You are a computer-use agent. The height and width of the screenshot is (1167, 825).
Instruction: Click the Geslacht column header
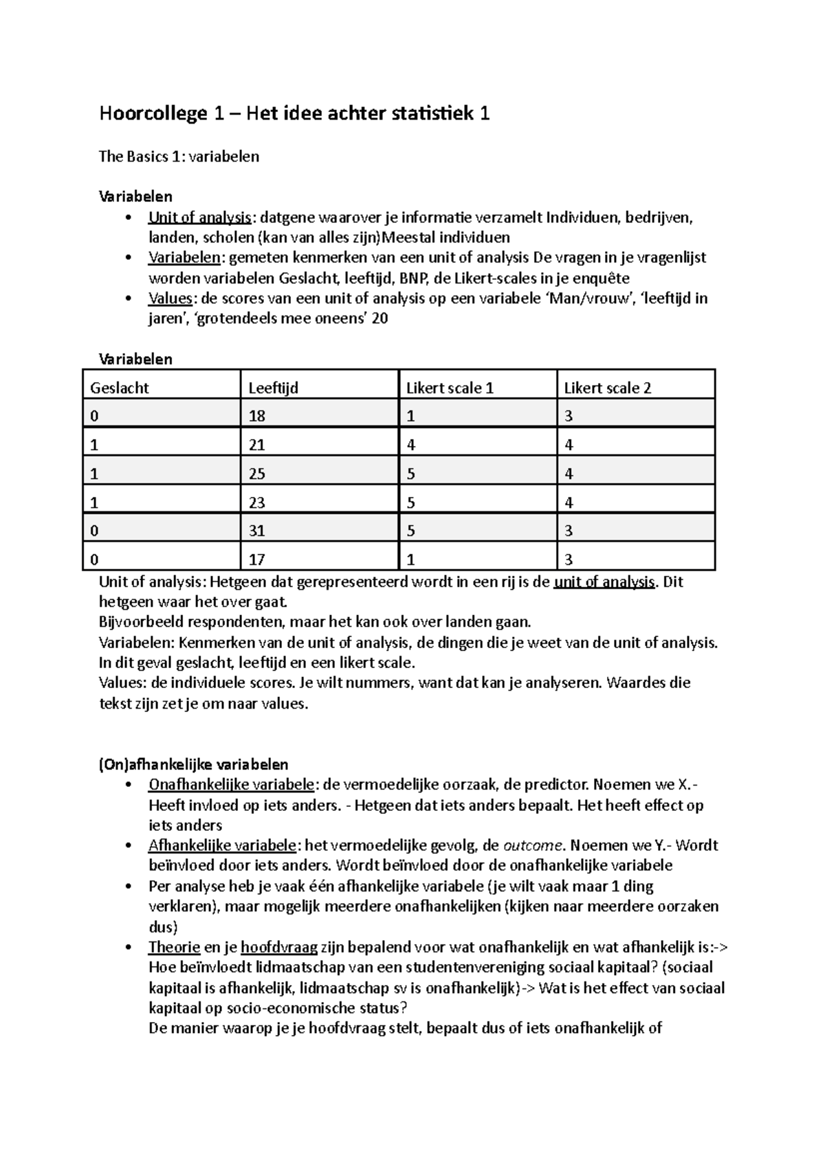tap(120, 388)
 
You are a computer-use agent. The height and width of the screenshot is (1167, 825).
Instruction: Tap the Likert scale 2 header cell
tap(607, 388)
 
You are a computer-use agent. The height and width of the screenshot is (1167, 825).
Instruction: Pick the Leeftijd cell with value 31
tap(256, 531)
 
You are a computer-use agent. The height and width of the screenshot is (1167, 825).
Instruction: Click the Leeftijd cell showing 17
tap(256, 560)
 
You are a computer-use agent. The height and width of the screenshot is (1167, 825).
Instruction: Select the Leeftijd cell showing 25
tap(256, 474)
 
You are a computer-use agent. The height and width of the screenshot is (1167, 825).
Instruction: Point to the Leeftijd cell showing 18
tap(256, 416)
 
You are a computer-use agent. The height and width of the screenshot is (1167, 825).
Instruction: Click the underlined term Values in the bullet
tap(170, 298)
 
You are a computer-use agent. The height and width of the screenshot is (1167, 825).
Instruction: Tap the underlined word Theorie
tap(174, 948)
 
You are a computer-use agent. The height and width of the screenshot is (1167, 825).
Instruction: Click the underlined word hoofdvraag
tap(279, 948)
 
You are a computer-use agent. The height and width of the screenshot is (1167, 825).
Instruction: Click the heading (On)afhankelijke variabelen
tap(193, 765)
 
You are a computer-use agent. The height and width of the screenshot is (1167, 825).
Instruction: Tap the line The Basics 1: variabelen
tap(179, 157)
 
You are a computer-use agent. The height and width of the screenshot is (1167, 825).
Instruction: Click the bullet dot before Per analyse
tap(129, 887)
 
